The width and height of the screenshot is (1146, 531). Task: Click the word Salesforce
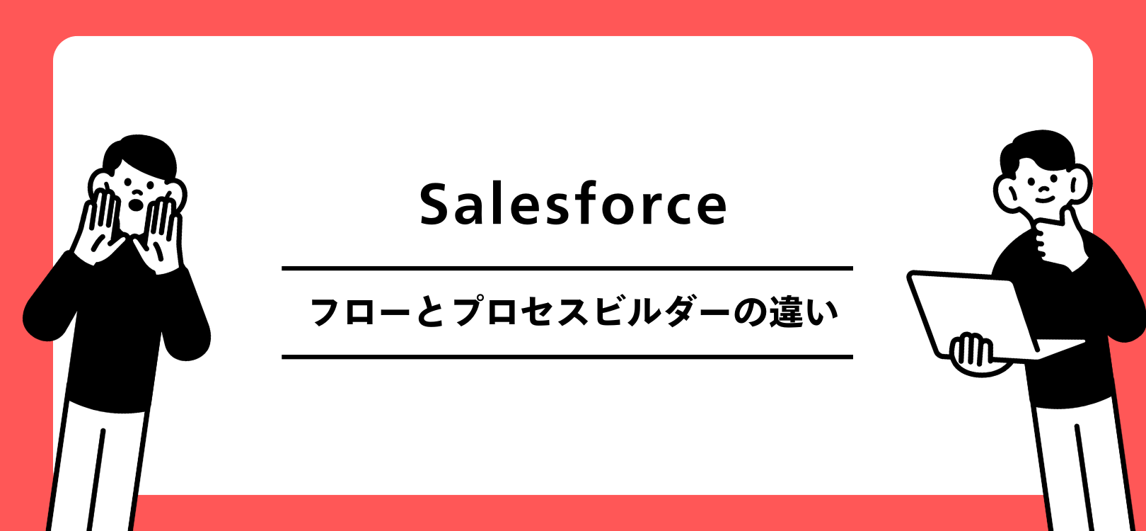[x=573, y=204]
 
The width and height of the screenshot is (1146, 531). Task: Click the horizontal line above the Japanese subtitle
[x=567, y=268]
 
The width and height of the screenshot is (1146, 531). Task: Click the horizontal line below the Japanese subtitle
[x=567, y=357]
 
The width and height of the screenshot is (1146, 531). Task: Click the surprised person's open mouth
[x=135, y=205]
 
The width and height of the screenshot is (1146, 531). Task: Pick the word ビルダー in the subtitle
[x=658, y=312]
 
